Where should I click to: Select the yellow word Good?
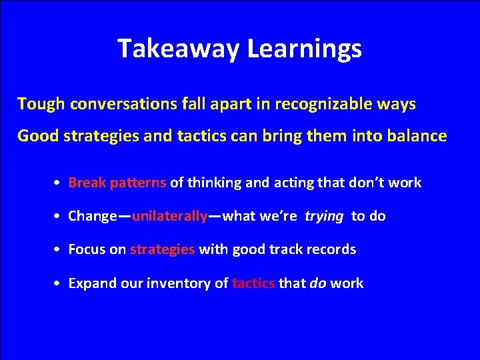pos(37,136)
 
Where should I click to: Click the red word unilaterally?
pos(170,216)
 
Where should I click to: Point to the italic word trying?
pos(324,216)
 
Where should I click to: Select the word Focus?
pos(87,249)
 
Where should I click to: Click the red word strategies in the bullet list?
pos(162,249)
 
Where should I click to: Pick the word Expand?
pos(91,283)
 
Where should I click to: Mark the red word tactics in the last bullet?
pos(253,283)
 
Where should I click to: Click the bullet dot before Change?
pos(59,217)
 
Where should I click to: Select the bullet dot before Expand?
pos(59,284)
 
